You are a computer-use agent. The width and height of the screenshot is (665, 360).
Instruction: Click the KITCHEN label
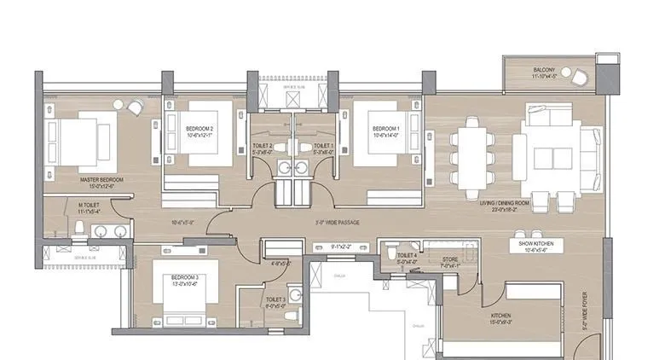[501, 319]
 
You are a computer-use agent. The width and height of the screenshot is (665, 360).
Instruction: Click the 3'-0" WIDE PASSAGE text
[337, 223]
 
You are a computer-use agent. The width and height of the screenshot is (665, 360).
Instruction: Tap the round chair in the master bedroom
[134, 107]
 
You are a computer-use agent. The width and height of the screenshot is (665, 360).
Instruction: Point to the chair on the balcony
[580, 77]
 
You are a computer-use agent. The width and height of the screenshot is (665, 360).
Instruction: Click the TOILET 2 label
[263, 148]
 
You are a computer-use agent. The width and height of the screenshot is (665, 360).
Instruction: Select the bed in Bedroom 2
[203, 134]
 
